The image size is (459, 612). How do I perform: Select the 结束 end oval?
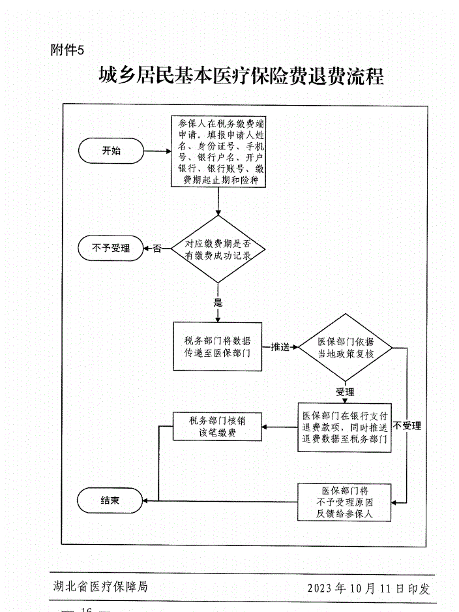coord(110,500)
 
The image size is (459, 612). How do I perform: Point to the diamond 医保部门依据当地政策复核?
coord(345,347)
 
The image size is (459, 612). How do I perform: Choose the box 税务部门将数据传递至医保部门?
coord(217,347)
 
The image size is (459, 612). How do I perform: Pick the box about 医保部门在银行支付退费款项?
coord(345,427)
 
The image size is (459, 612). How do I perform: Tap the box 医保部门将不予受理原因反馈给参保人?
coord(345,502)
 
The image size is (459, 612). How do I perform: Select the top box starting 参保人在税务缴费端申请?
coord(218,151)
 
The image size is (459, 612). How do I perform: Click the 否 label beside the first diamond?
coord(156,249)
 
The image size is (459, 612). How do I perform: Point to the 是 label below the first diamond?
coord(218,302)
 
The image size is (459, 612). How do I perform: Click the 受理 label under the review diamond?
coord(345,392)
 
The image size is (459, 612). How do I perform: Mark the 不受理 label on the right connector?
coord(407,426)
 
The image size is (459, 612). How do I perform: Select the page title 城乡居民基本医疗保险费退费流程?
coord(241,76)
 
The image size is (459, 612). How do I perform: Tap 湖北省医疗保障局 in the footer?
coord(101,587)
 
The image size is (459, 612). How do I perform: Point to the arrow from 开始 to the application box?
coord(157,151)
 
